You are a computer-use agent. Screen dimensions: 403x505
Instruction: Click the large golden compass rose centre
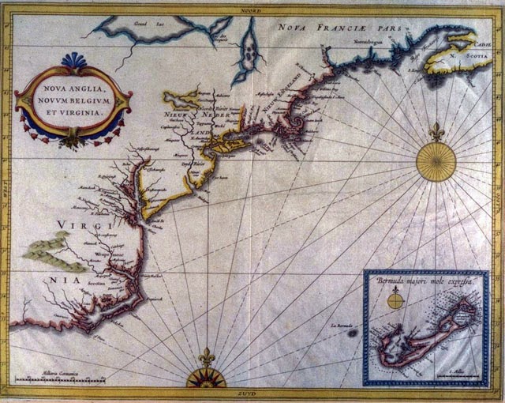pos(436,161)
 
